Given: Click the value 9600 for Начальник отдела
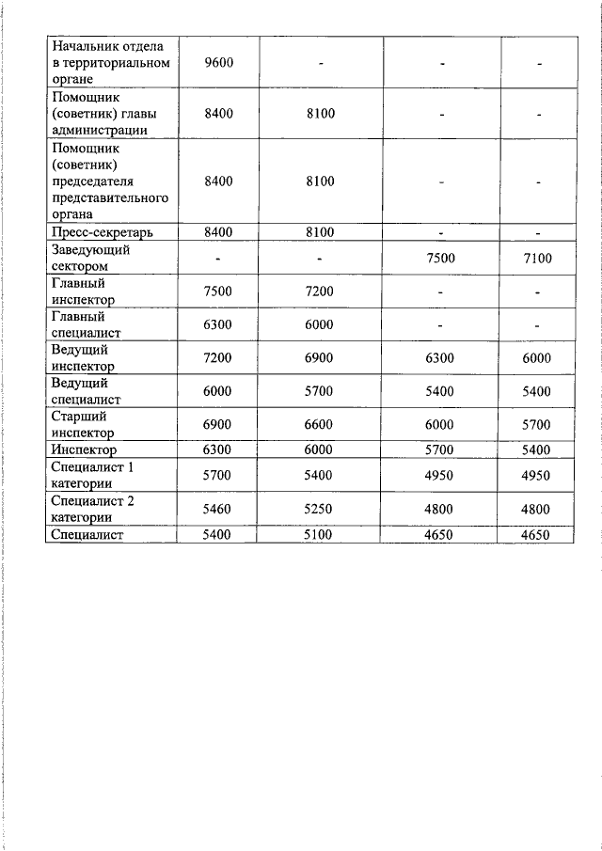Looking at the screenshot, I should coord(218,63).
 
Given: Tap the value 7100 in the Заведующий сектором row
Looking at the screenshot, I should coord(537,259).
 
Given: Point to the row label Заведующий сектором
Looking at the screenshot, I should coord(90,259).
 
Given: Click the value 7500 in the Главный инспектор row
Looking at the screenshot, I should coord(218,292).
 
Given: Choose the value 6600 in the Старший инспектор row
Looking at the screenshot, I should coord(320,425).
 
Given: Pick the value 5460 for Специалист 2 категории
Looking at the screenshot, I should coord(218,509).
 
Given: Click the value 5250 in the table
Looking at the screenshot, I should coord(320,509).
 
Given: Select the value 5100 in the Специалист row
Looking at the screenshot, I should coord(320,534).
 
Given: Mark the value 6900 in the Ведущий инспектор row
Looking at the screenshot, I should coord(320,358).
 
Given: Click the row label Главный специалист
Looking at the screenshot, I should coord(86,324).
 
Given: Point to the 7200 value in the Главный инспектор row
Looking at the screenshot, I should coord(320,292).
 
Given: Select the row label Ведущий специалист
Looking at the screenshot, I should coord(86,391).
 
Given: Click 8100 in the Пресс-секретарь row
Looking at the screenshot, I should coord(320,232).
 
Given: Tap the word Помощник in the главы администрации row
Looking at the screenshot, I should coord(86,97).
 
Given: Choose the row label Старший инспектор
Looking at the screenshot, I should coord(84,425).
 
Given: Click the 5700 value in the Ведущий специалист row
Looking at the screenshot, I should coord(320,391).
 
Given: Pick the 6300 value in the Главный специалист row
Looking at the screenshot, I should coord(218,324).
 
